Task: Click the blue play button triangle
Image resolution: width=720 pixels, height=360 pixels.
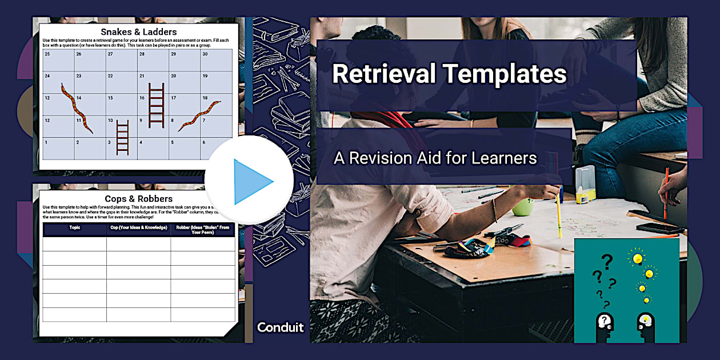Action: tap(251, 181)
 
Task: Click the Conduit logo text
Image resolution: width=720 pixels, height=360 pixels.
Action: tap(281, 327)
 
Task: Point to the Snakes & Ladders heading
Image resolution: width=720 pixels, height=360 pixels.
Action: tap(138, 31)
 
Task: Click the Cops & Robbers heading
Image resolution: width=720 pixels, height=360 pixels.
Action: tap(138, 199)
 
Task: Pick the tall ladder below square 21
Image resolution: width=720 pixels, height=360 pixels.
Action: tap(156, 105)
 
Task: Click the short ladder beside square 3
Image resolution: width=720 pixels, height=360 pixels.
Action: tap(122, 137)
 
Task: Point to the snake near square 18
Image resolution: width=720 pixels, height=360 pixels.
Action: tap(199, 115)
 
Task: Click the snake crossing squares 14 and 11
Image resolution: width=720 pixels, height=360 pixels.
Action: tap(77, 107)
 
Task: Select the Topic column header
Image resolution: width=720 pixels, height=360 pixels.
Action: tap(75, 227)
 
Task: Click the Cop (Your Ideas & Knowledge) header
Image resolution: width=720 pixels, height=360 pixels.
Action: tap(139, 227)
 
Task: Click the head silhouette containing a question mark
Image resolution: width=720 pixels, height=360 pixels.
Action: tap(605, 323)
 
